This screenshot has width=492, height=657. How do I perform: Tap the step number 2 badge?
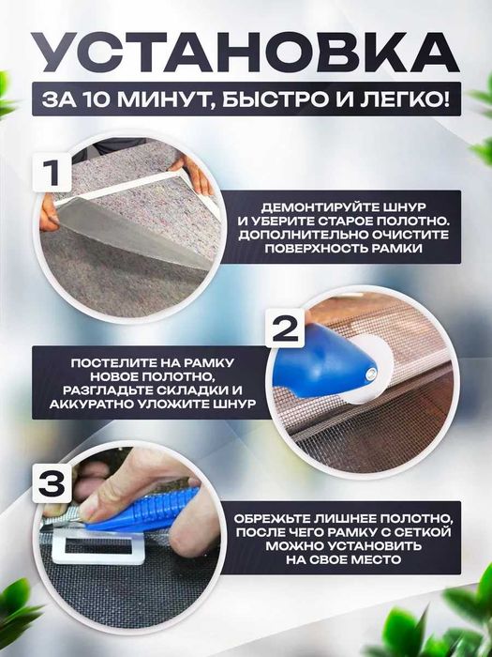coord(286,329)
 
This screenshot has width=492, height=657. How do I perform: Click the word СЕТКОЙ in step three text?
coord(428,531)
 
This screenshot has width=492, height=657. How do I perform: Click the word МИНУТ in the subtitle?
coord(172,99)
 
